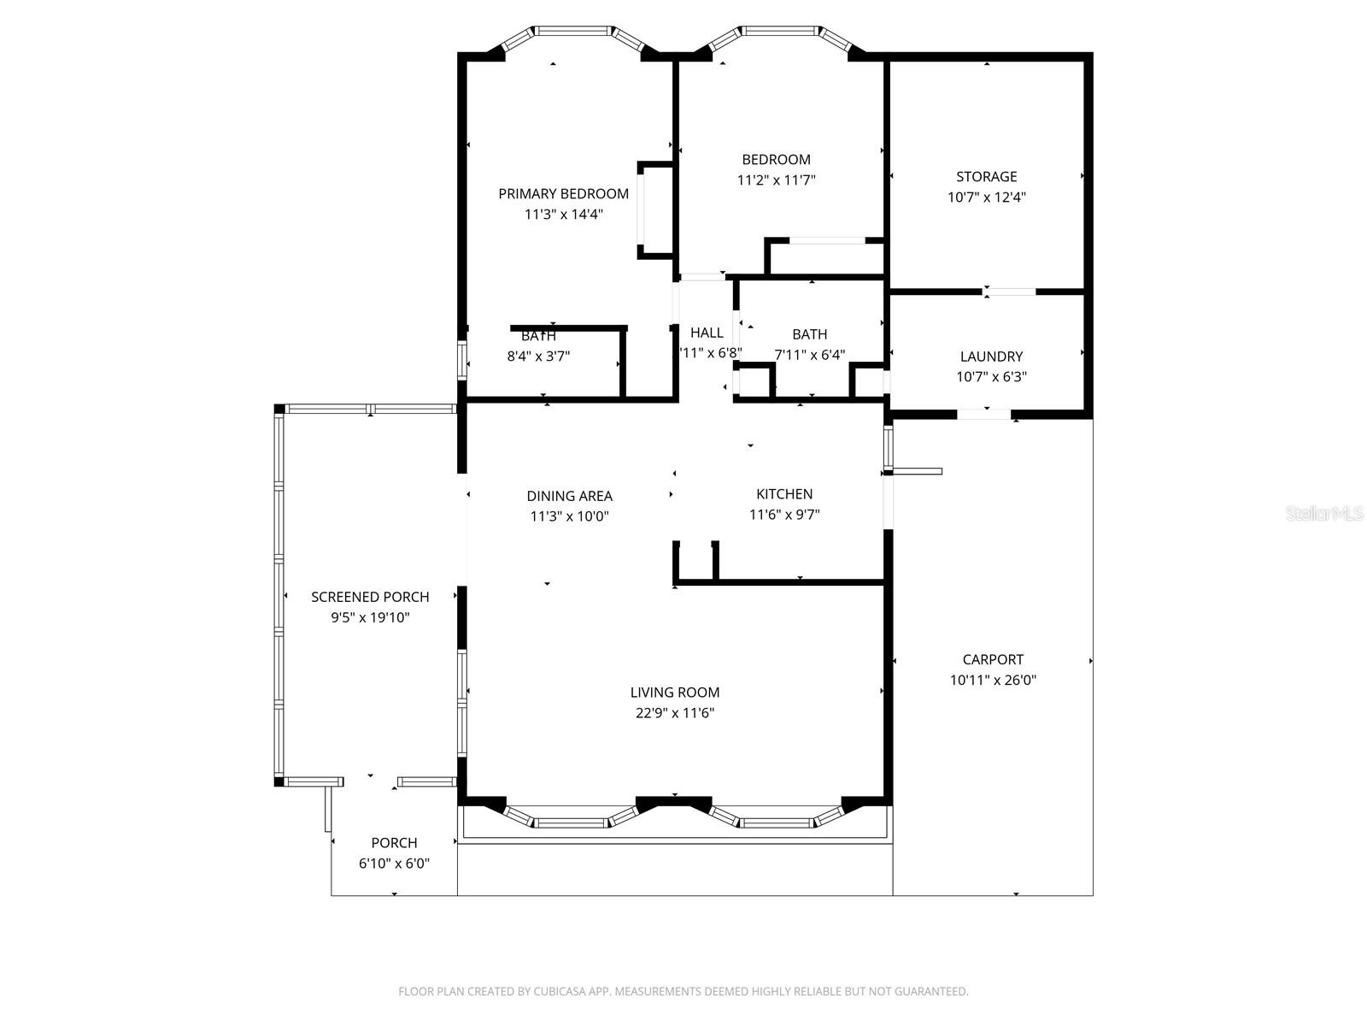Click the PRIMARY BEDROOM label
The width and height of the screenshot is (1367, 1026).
(563, 194)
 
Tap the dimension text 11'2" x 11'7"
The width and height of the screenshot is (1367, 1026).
(776, 180)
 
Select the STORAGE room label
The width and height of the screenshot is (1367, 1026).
(986, 177)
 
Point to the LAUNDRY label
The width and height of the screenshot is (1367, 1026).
(991, 357)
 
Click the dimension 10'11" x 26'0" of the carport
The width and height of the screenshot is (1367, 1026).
(993, 681)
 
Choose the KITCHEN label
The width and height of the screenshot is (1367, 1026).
(784, 494)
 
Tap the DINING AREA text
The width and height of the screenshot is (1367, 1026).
(569, 496)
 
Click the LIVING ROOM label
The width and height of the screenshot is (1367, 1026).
(675, 693)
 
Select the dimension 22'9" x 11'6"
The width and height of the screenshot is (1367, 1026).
(675, 713)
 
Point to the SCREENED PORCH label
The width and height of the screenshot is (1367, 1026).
(370, 597)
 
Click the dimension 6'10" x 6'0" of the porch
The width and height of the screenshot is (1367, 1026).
(394, 864)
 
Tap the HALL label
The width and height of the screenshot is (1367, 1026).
(707, 333)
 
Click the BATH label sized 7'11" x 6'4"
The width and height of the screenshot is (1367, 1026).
(809, 334)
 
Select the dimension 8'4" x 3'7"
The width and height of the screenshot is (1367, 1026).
(538, 357)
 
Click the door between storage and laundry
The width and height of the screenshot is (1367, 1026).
(1009, 292)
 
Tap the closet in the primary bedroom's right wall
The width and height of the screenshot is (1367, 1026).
(656, 209)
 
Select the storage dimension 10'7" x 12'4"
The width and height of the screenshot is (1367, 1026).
(986, 198)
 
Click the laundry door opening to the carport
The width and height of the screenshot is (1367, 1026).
(984, 415)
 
